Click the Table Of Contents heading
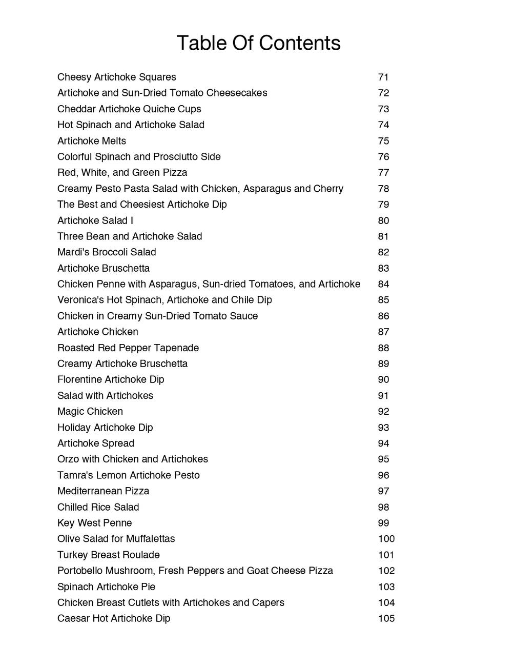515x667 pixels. pyautogui.click(x=258, y=43)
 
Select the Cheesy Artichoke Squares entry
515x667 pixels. pyautogui.click(x=117, y=77)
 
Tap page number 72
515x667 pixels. pyautogui.click(x=383, y=93)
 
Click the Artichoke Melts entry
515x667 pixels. pyautogui.click(x=92, y=141)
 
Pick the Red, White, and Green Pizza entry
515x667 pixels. pyautogui.click(x=122, y=173)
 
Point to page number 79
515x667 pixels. pyautogui.click(x=383, y=205)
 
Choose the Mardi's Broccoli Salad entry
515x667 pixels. pyautogui.click(x=107, y=252)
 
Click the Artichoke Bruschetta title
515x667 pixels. pyautogui.click(x=104, y=268)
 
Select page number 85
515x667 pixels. pyautogui.click(x=383, y=300)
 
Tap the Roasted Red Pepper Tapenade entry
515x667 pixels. pyautogui.click(x=128, y=348)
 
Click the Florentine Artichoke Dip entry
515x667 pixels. pyautogui.click(x=111, y=380)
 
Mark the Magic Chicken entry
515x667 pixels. pyautogui.click(x=90, y=412)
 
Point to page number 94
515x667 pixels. pyautogui.click(x=383, y=443)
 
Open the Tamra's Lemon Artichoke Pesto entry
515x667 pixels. pyautogui.click(x=129, y=475)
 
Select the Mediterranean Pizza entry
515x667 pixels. pyautogui.click(x=104, y=491)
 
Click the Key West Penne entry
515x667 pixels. pyautogui.click(x=95, y=523)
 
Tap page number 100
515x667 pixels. pyautogui.click(x=386, y=539)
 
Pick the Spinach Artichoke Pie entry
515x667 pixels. pyautogui.click(x=107, y=587)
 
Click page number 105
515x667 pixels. pyautogui.click(x=386, y=619)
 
